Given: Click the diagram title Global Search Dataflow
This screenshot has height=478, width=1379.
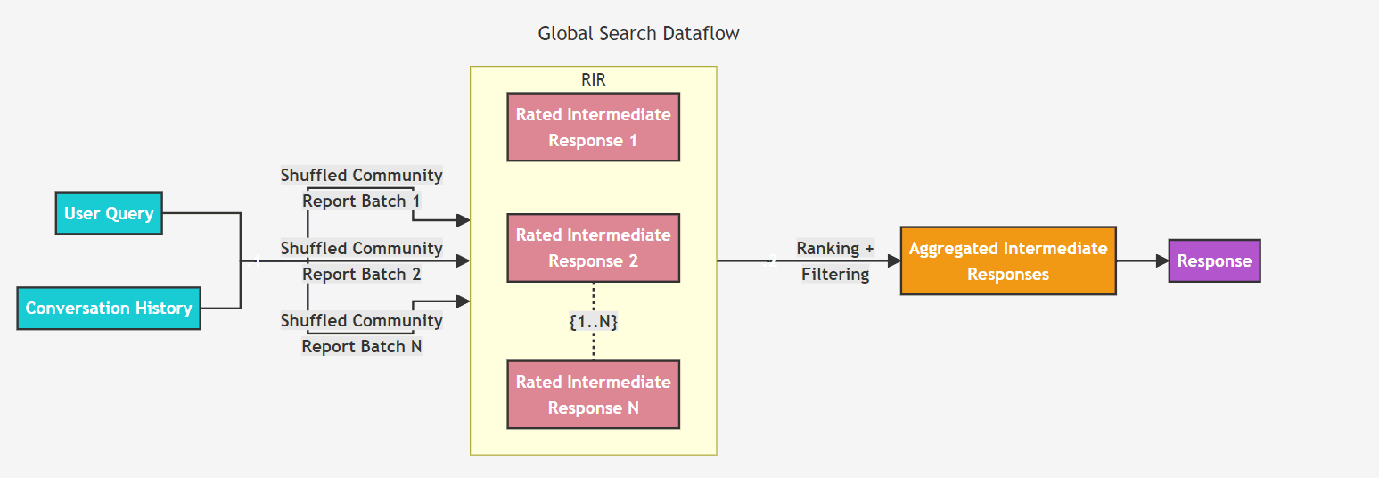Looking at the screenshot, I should click(638, 34).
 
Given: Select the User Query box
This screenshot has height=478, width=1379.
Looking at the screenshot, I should click(109, 213).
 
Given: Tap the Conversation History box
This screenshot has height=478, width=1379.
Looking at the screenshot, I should click(109, 309).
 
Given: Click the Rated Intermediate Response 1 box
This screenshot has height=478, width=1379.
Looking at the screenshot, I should click(593, 128).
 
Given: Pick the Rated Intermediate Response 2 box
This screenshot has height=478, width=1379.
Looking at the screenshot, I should click(593, 248).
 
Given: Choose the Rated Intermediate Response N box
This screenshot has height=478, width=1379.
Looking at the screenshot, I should click(593, 395).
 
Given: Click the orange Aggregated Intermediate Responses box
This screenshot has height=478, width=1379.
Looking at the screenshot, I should click(1007, 261).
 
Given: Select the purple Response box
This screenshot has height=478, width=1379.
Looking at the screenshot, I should click(1214, 261).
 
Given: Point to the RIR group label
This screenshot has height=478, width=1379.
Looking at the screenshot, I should click(593, 80).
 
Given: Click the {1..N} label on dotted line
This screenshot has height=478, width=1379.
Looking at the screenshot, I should click(593, 322).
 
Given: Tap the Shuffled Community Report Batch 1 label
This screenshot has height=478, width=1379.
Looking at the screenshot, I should click(361, 188).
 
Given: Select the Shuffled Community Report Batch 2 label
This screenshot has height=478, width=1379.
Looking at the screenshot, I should click(361, 261).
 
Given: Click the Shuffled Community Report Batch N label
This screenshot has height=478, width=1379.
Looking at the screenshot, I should click(361, 334).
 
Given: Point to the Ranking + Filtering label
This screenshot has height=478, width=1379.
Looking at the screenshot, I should click(835, 261).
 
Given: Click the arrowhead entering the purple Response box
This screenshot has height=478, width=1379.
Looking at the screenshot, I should click(1161, 261).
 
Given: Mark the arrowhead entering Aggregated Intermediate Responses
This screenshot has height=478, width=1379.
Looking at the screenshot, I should click(894, 261).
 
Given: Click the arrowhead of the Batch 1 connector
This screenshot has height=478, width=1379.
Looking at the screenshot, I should click(463, 219).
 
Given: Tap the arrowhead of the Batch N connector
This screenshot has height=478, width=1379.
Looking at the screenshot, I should click(463, 301).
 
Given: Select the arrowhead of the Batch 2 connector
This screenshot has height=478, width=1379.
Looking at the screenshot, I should click(463, 260).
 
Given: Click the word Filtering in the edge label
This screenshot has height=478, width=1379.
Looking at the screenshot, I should click(835, 275).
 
